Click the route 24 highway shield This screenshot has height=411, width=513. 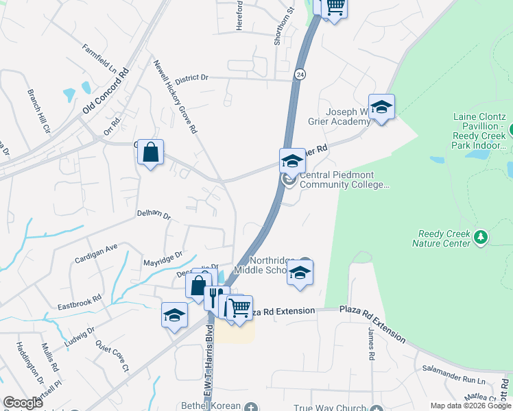tap(300, 73)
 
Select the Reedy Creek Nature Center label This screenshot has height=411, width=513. tap(441, 238)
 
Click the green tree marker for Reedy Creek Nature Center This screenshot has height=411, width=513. tap(481, 237)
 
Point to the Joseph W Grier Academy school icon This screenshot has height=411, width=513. tap(381, 107)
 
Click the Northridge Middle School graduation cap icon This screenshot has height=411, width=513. tap(300, 272)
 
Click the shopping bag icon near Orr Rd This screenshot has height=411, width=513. tap(151, 152)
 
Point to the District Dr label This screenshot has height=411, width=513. tap(191, 78)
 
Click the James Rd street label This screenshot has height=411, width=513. tap(371, 343)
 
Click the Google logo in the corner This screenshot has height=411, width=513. tap(23, 403)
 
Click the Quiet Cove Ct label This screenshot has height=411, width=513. tap(112, 356)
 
